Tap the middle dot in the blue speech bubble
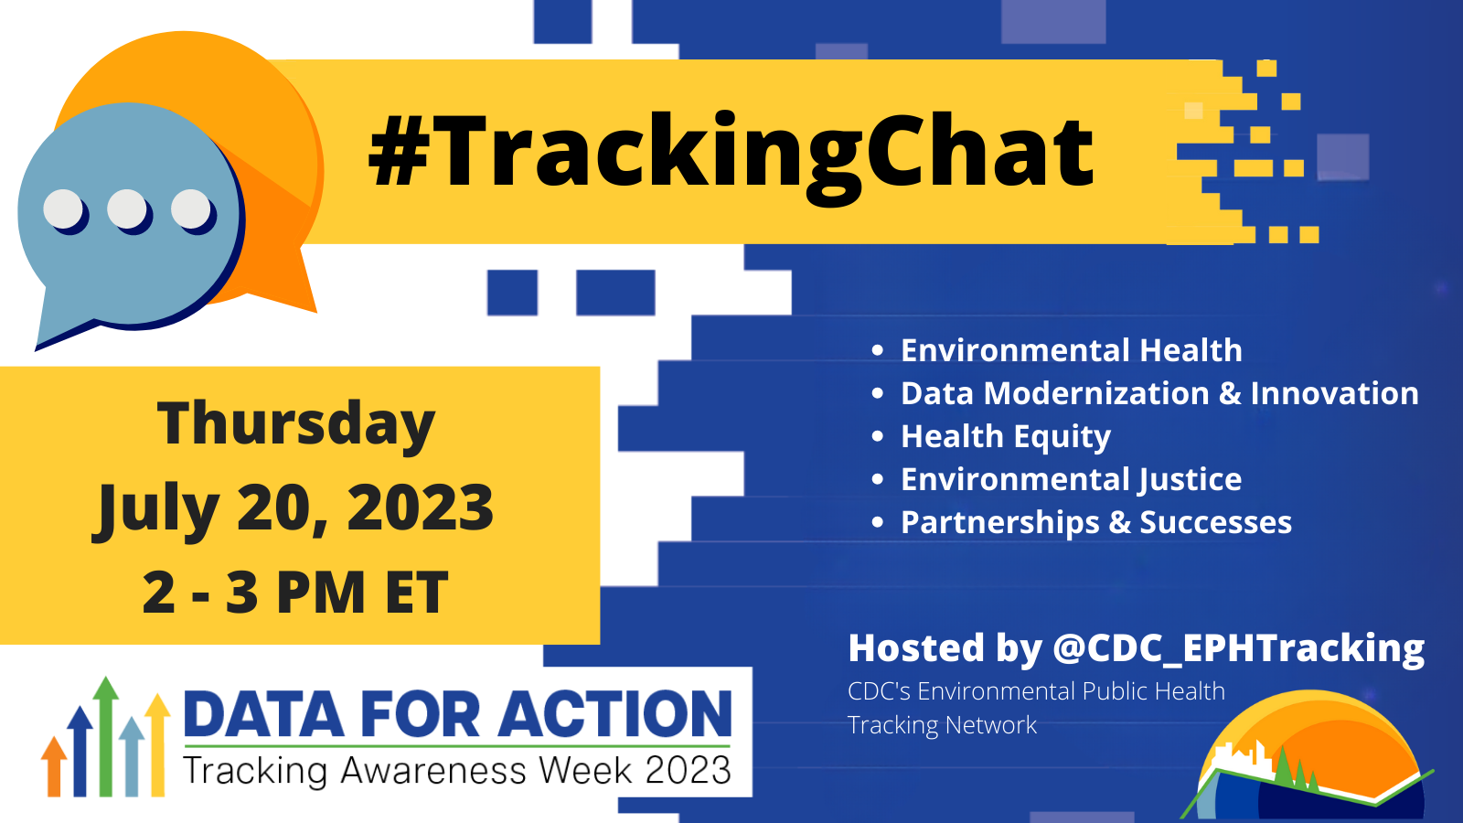click(x=127, y=209)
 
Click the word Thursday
click(x=296, y=424)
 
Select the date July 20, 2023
click(x=293, y=508)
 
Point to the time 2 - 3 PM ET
click(x=295, y=593)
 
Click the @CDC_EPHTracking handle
click(x=1238, y=648)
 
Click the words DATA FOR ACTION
click(x=457, y=714)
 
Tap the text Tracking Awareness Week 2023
click(x=457, y=771)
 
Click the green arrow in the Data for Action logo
click(x=105, y=736)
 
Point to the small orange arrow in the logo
click(x=54, y=766)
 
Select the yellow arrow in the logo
click(x=157, y=744)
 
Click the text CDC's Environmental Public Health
click(x=1036, y=691)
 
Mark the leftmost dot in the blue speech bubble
click(x=63, y=209)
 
